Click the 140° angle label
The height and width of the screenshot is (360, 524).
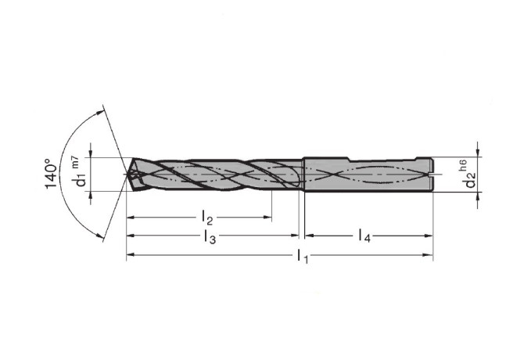click(51, 174)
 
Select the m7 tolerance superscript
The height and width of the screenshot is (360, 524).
click(76, 162)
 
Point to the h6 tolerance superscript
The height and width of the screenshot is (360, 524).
click(463, 166)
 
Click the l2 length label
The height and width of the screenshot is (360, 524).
click(207, 218)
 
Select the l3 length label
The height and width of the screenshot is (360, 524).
click(210, 236)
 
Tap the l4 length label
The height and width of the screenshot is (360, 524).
click(364, 236)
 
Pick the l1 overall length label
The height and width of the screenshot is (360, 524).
click(303, 256)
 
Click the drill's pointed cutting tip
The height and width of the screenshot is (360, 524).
click(126, 175)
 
